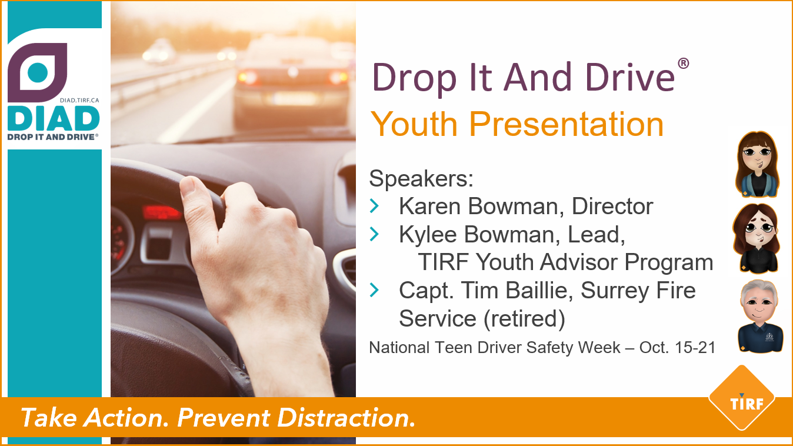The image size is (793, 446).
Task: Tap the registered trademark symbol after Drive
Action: tap(683, 63)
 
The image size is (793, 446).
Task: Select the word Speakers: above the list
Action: tap(421, 178)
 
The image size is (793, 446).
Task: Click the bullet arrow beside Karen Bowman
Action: tap(375, 206)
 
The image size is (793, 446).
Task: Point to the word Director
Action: tap(612, 207)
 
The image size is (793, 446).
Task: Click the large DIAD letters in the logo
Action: tap(53, 119)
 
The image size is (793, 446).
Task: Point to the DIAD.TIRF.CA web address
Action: tap(79, 101)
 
